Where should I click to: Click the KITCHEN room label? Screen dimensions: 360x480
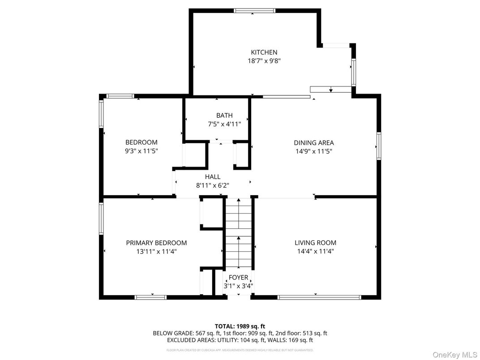pyautogui.click(x=264, y=52)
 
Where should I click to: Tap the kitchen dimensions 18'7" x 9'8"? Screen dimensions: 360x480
pyautogui.click(x=264, y=61)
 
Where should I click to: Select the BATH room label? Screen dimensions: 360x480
pyautogui.click(x=224, y=116)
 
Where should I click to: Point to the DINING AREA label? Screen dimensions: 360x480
pyautogui.click(x=313, y=143)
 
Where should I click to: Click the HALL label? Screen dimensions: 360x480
pyautogui.click(x=213, y=177)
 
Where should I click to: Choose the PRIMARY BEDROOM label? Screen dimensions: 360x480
pyautogui.click(x=156, y=243)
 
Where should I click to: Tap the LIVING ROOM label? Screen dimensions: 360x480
pyautogui.click(x=315, y=243)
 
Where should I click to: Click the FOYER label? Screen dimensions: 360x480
pyautogui.click(x=238, y=278)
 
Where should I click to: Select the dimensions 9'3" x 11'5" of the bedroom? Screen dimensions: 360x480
pyautogui.click(x=141, y=151)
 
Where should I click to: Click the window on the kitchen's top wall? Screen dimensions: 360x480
pyautogui.click(x=254, y=11)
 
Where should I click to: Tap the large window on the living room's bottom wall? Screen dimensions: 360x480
pyautogui.click(x=319, y=297)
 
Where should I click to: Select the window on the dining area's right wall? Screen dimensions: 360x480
pyautogui.click(x=379, y=146)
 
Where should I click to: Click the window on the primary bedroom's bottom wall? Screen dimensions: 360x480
pyautogui.click(x=151, y=297)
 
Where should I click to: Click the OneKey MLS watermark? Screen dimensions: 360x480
pyautogui.click(x=454, y=355)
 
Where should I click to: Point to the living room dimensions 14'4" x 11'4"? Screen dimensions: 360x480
pyautogui.click(x=315, y=251)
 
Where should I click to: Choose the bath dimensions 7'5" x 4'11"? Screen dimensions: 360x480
pyautogui.click(x=224, y=124)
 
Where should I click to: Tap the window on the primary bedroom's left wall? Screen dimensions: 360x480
pyautogui.click(x=101, y=219)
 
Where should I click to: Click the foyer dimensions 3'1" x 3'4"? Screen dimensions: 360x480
pyautogui.click(x=238, y=286)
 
